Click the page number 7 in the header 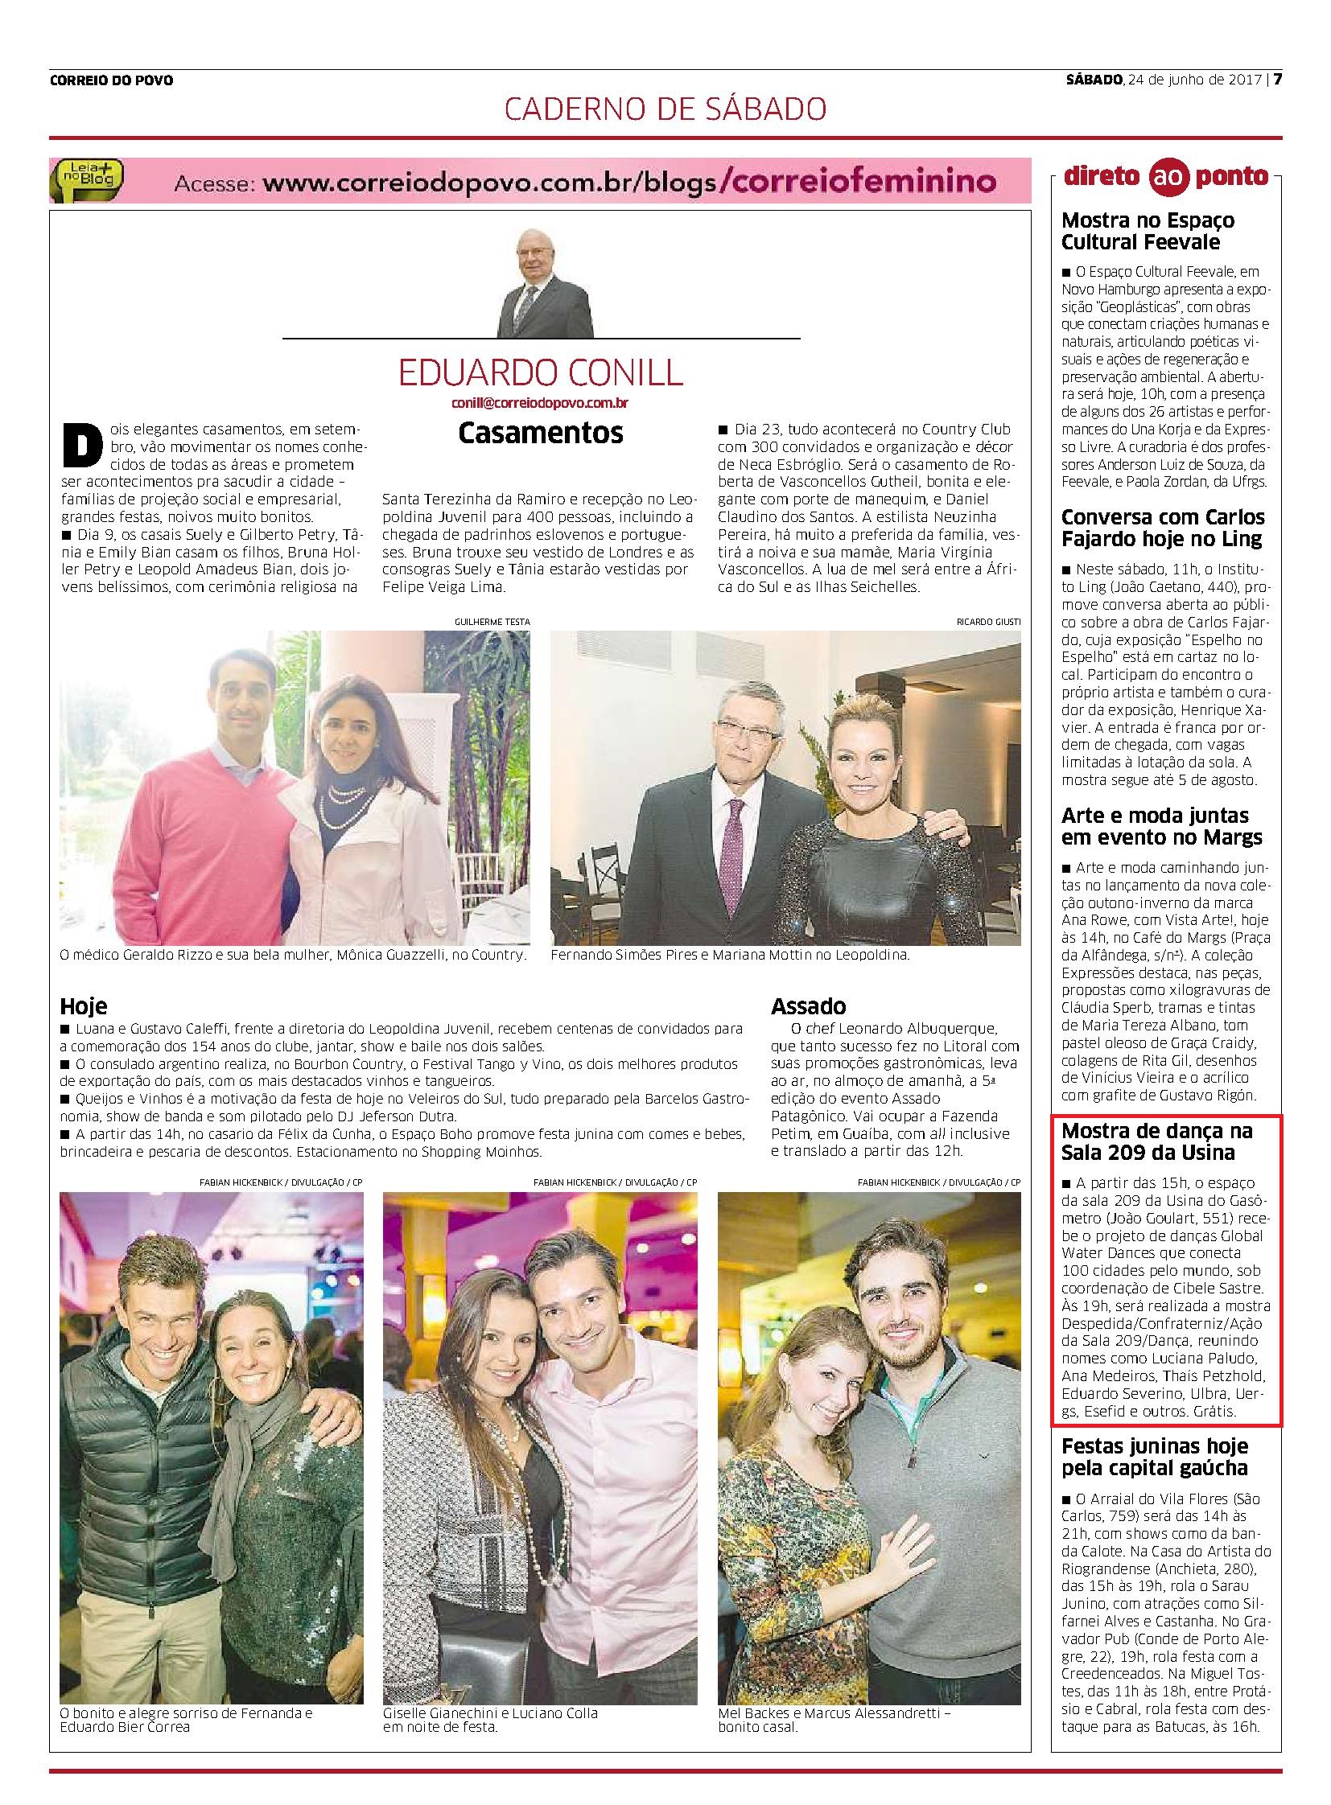coord(1277,79)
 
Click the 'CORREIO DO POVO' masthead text coord(111,80)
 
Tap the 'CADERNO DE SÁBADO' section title coord(665,109)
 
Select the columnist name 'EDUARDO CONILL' coord(541,372)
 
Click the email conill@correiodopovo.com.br coord(541,401)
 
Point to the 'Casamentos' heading coord(541,433)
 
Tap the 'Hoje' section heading coord(83,1006)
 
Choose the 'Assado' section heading coord(808,1006)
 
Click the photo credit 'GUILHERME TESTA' coord(486,621)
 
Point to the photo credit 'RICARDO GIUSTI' coord(988,621)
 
